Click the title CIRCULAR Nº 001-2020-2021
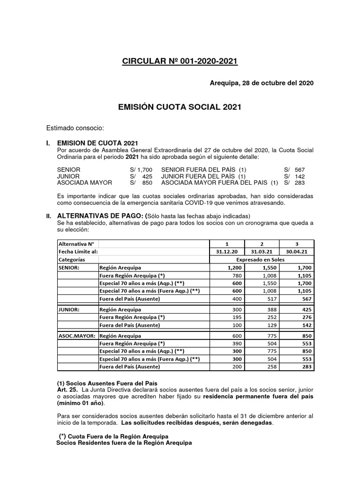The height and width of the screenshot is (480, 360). [x=180, y=61]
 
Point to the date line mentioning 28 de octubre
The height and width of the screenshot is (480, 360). [x=261, y=83]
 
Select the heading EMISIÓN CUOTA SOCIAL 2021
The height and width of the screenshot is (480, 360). [x=180, y=107]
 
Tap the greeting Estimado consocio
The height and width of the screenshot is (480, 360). [x=75, y=128]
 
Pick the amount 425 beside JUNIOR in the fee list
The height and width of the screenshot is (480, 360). [x=145, y=176]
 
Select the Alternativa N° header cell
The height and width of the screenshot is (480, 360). [x=76, y=244]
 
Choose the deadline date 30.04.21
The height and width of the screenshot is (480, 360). [x=297, y=251]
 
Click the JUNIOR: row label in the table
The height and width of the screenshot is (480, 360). [x=69, y=310]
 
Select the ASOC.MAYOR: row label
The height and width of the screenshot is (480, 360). [x=76, y=336]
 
